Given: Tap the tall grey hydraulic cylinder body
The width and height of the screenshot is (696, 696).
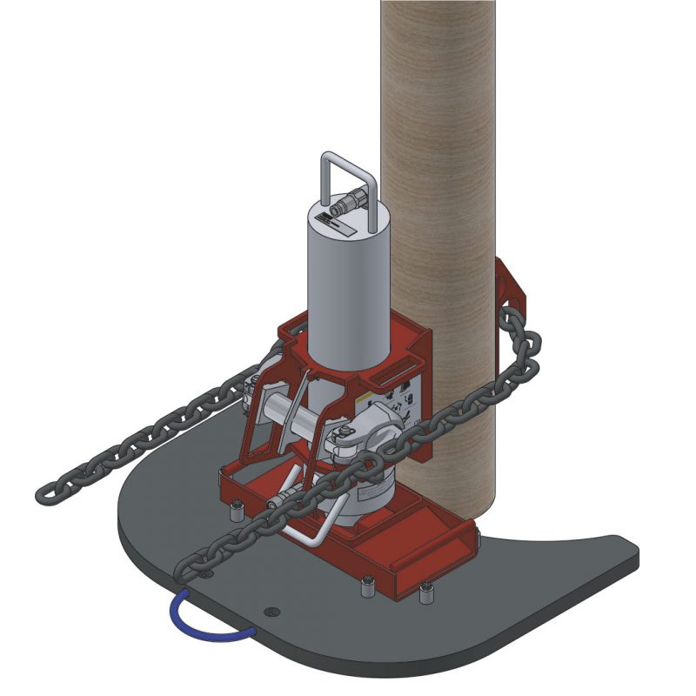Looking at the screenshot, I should click(x=344, y=287).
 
